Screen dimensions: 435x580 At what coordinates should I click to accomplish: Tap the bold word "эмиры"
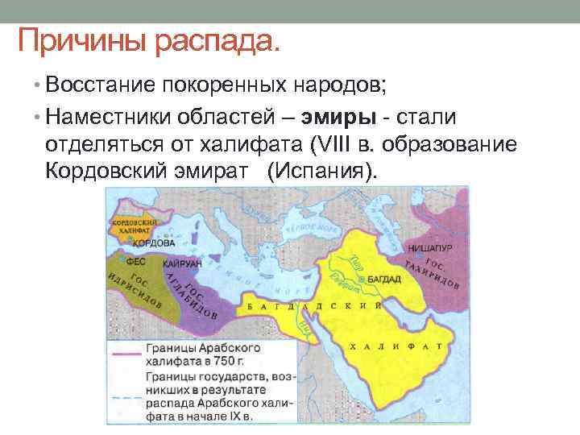point(339,117)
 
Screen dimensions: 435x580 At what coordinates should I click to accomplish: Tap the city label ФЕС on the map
point(138,262)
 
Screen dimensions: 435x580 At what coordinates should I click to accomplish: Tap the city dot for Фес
point(122,262)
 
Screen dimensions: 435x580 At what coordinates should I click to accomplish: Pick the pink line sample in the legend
point(125,352)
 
